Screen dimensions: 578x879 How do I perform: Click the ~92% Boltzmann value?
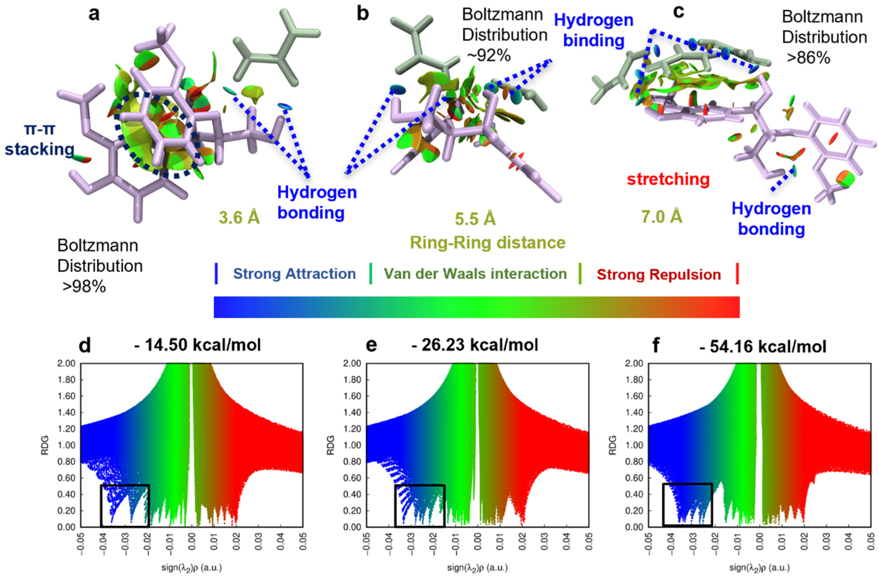click(x=489, y=56)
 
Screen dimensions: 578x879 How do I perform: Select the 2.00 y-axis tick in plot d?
click(x=67, y=364)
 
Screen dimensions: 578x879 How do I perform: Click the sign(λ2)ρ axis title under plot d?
click(x=191, y=567)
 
